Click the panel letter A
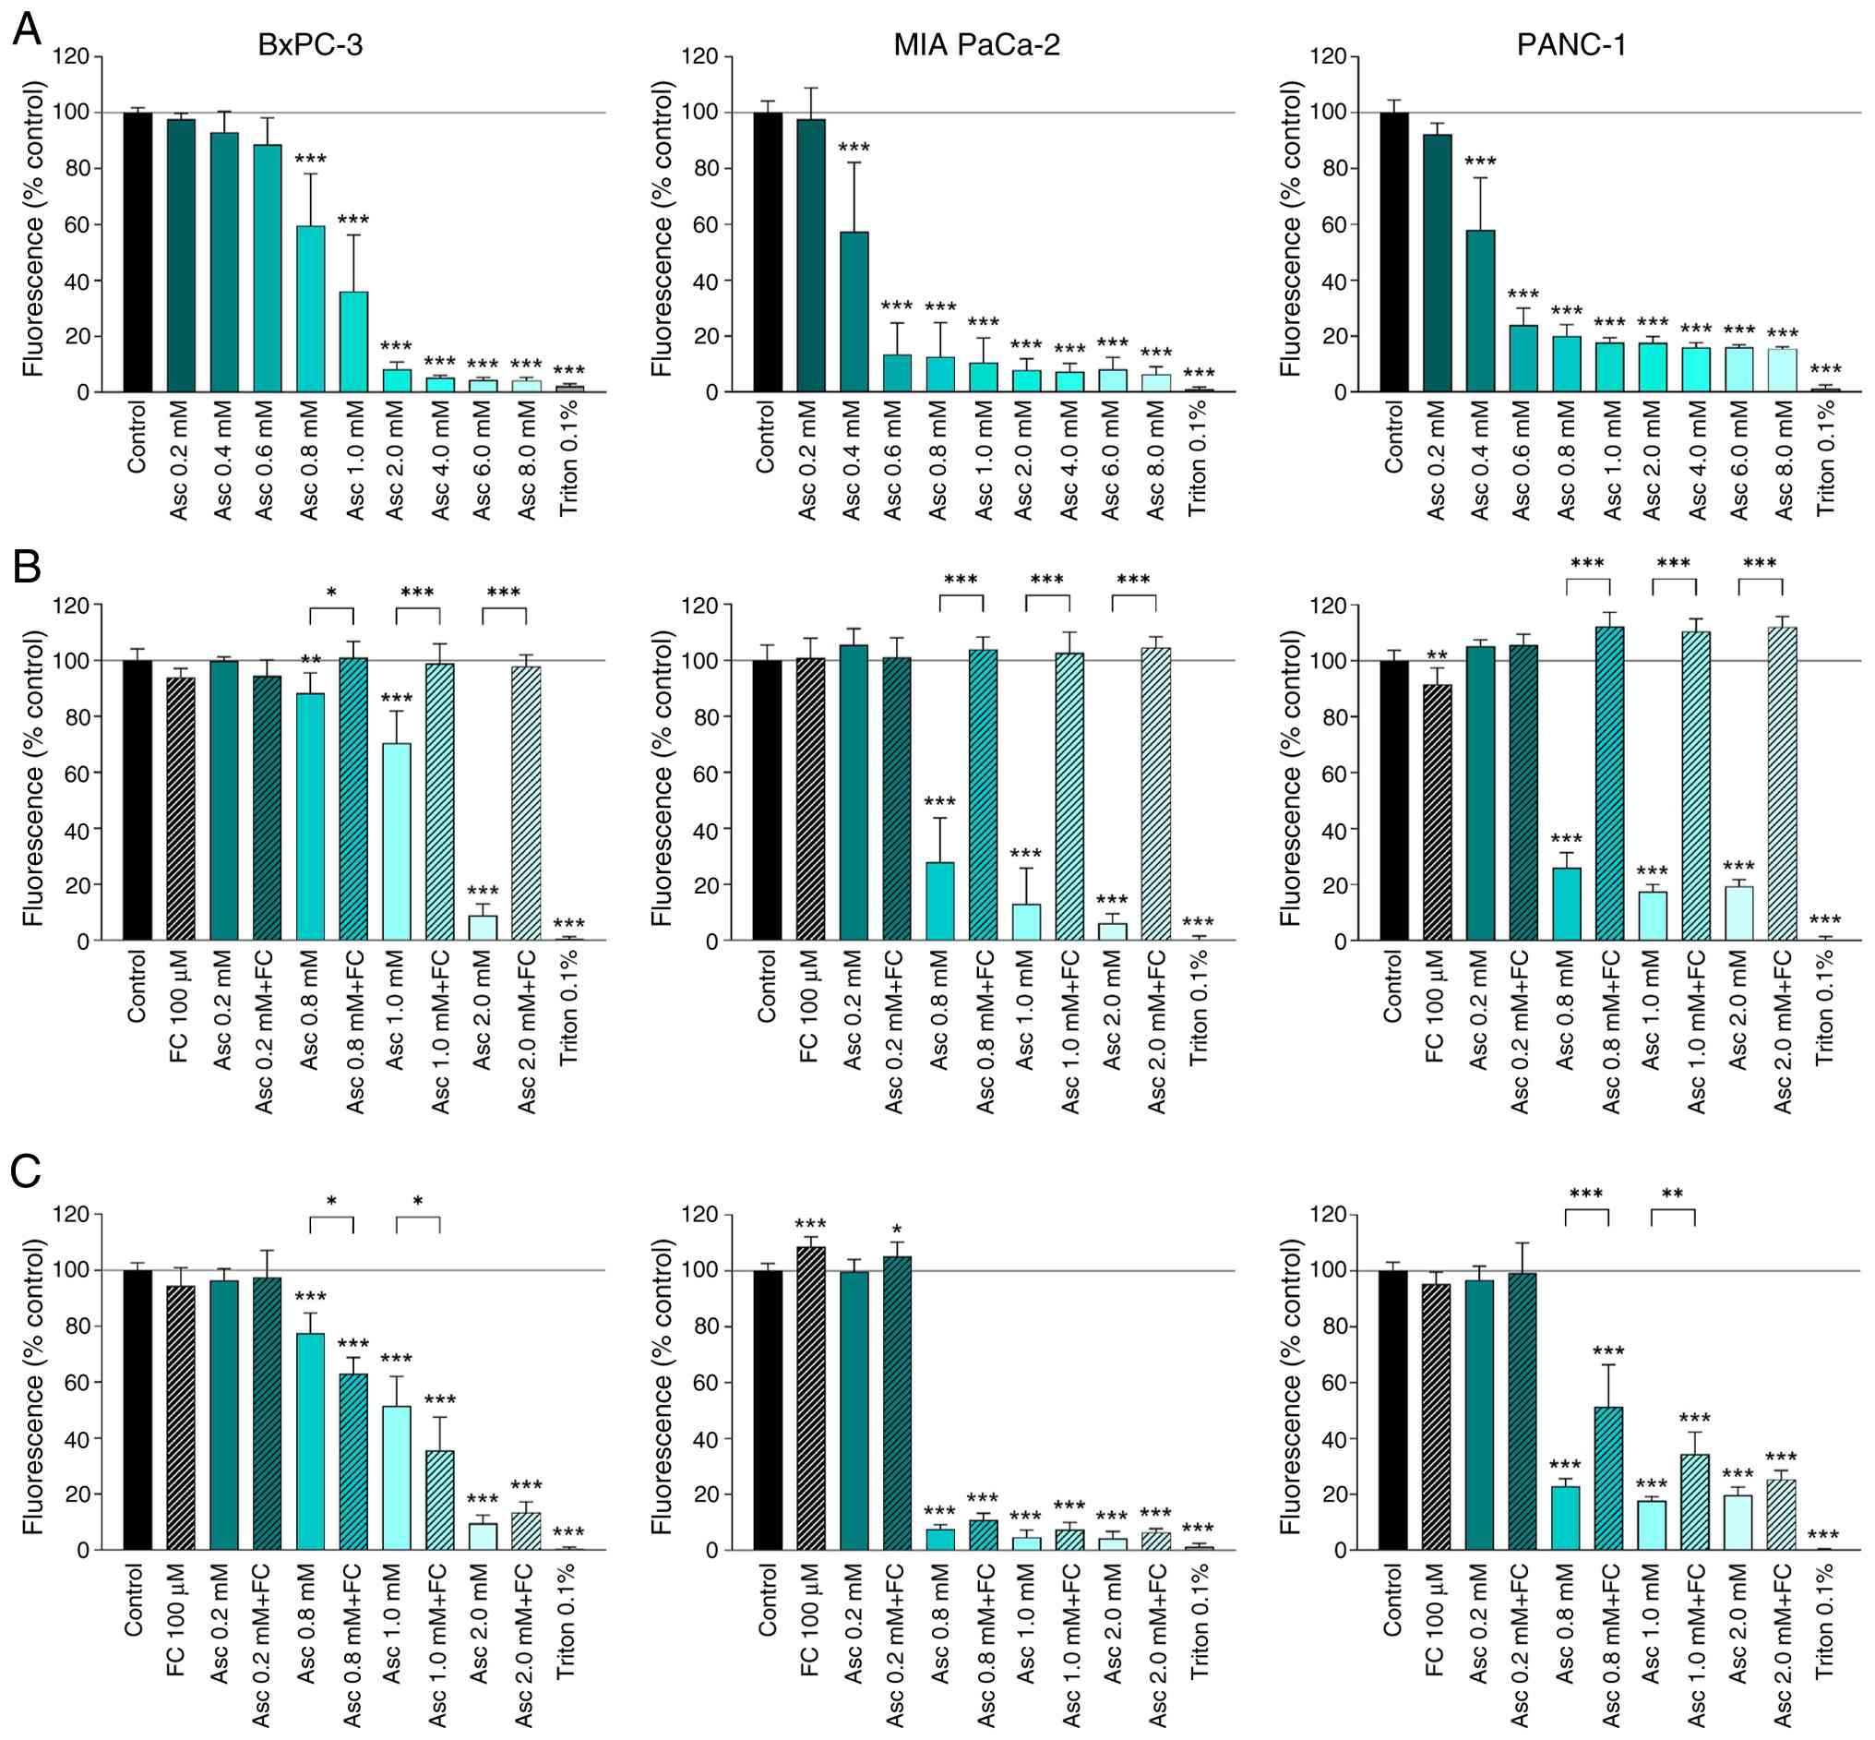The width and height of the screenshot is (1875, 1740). [27, 30]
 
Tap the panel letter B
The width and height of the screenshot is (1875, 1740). [27, 567]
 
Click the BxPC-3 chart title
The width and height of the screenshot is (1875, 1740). [310, 45]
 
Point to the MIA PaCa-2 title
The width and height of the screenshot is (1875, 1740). [976, 45]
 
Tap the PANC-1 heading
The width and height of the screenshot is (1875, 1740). [1571, 45]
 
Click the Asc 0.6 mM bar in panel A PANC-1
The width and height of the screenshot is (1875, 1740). [1523, 358]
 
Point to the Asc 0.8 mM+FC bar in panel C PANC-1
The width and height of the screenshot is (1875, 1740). [1608, 1478]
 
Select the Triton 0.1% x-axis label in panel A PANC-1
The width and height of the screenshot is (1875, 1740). [1825, 459]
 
